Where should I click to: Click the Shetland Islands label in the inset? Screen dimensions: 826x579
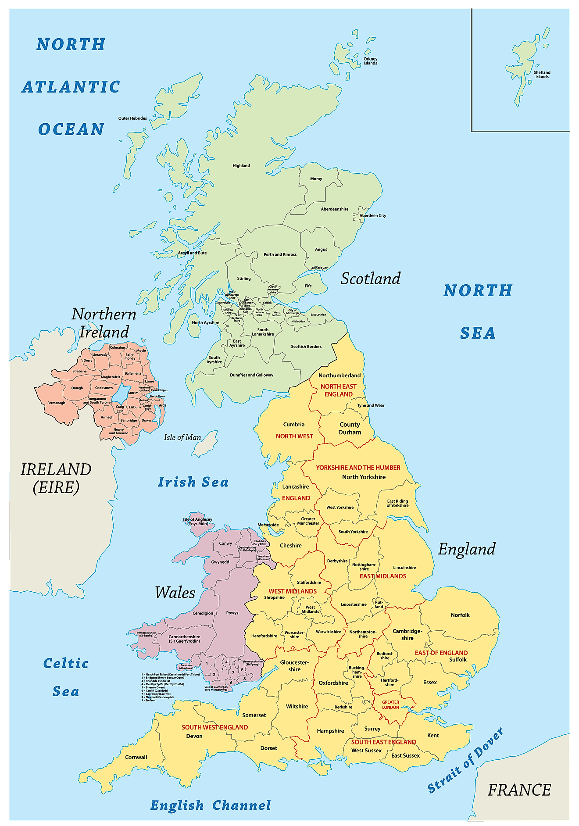(x=542, y=75)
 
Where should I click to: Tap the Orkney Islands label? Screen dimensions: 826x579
(x=370, y=61)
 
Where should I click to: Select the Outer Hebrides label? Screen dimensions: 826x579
(x=132, y=118)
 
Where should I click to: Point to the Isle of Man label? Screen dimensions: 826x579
(x=182, y=437)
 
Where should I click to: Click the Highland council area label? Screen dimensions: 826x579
(x=241, y=166)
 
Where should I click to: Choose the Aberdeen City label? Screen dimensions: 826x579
(x=373, y=216)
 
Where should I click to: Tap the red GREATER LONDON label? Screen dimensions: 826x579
(x=390, y=704)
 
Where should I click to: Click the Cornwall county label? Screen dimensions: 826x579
(x=136, y=757)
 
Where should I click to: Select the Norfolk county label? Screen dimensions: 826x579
(x=460, y=615)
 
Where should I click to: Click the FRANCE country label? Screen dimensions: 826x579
(x=519, y=790)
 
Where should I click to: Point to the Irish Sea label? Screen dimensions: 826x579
(x=193, y=482)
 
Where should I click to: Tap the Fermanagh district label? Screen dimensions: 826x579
(x=56, y=403)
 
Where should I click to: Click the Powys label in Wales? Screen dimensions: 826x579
(x=232, y=613)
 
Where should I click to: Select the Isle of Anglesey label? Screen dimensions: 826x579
(x=197, y=521)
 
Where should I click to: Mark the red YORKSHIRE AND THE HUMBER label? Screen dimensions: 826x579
(x=358, y=468)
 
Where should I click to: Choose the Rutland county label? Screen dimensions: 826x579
(x=379, y=604)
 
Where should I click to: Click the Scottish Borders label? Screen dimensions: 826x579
(x=306, y=347)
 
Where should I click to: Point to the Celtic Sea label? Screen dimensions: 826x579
(x=66, y=677)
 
